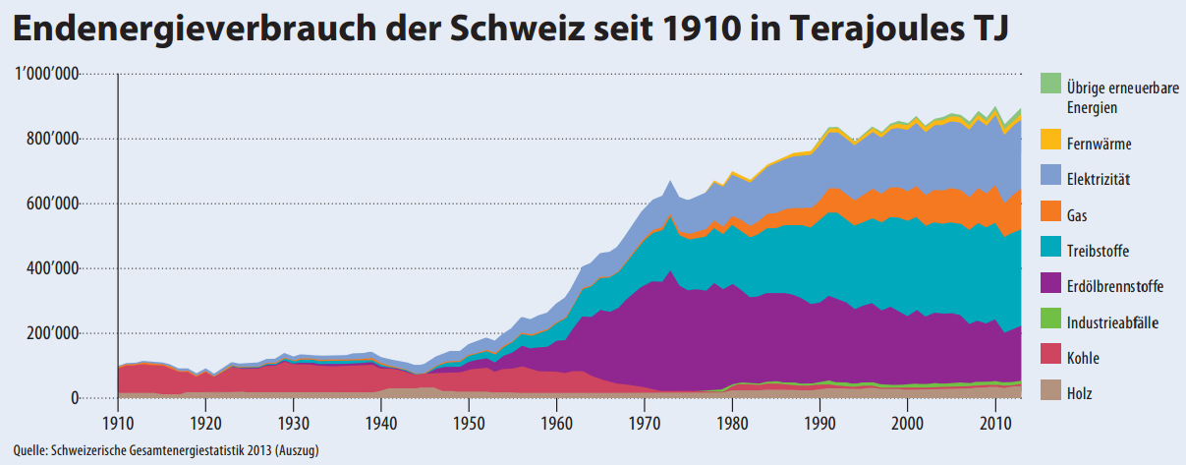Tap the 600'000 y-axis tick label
coord(51,204)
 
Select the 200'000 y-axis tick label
coord(51,334)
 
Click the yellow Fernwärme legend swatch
coord(1050,144)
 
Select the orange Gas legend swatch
coord(1050,215)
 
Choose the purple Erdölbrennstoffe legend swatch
coord(1050,287)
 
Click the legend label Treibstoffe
coord(1099,252)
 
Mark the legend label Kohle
coord(1083,359)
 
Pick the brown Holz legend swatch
coord(1050,394)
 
